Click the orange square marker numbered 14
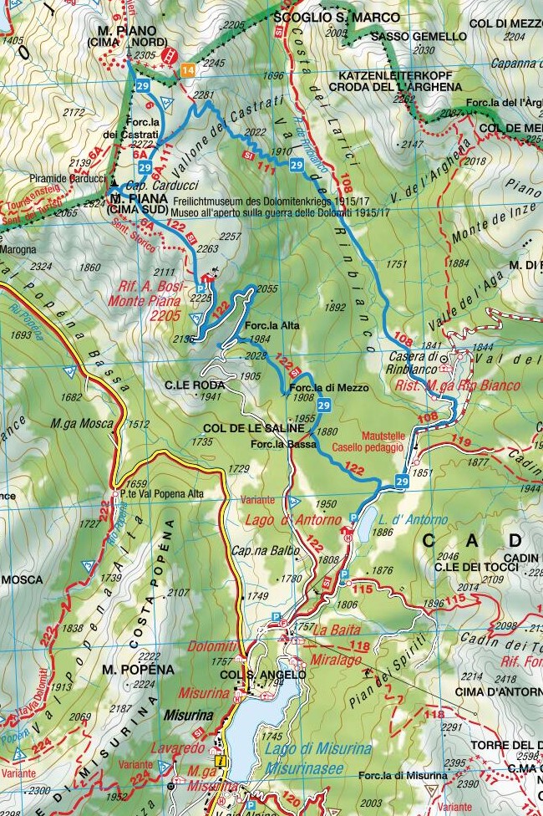pos(188,70)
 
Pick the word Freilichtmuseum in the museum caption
pos(220,201)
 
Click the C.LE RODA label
pos(195,385)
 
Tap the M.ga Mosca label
pos(81,424)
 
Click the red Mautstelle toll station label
pos(383,436)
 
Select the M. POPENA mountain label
pos(138,670)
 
